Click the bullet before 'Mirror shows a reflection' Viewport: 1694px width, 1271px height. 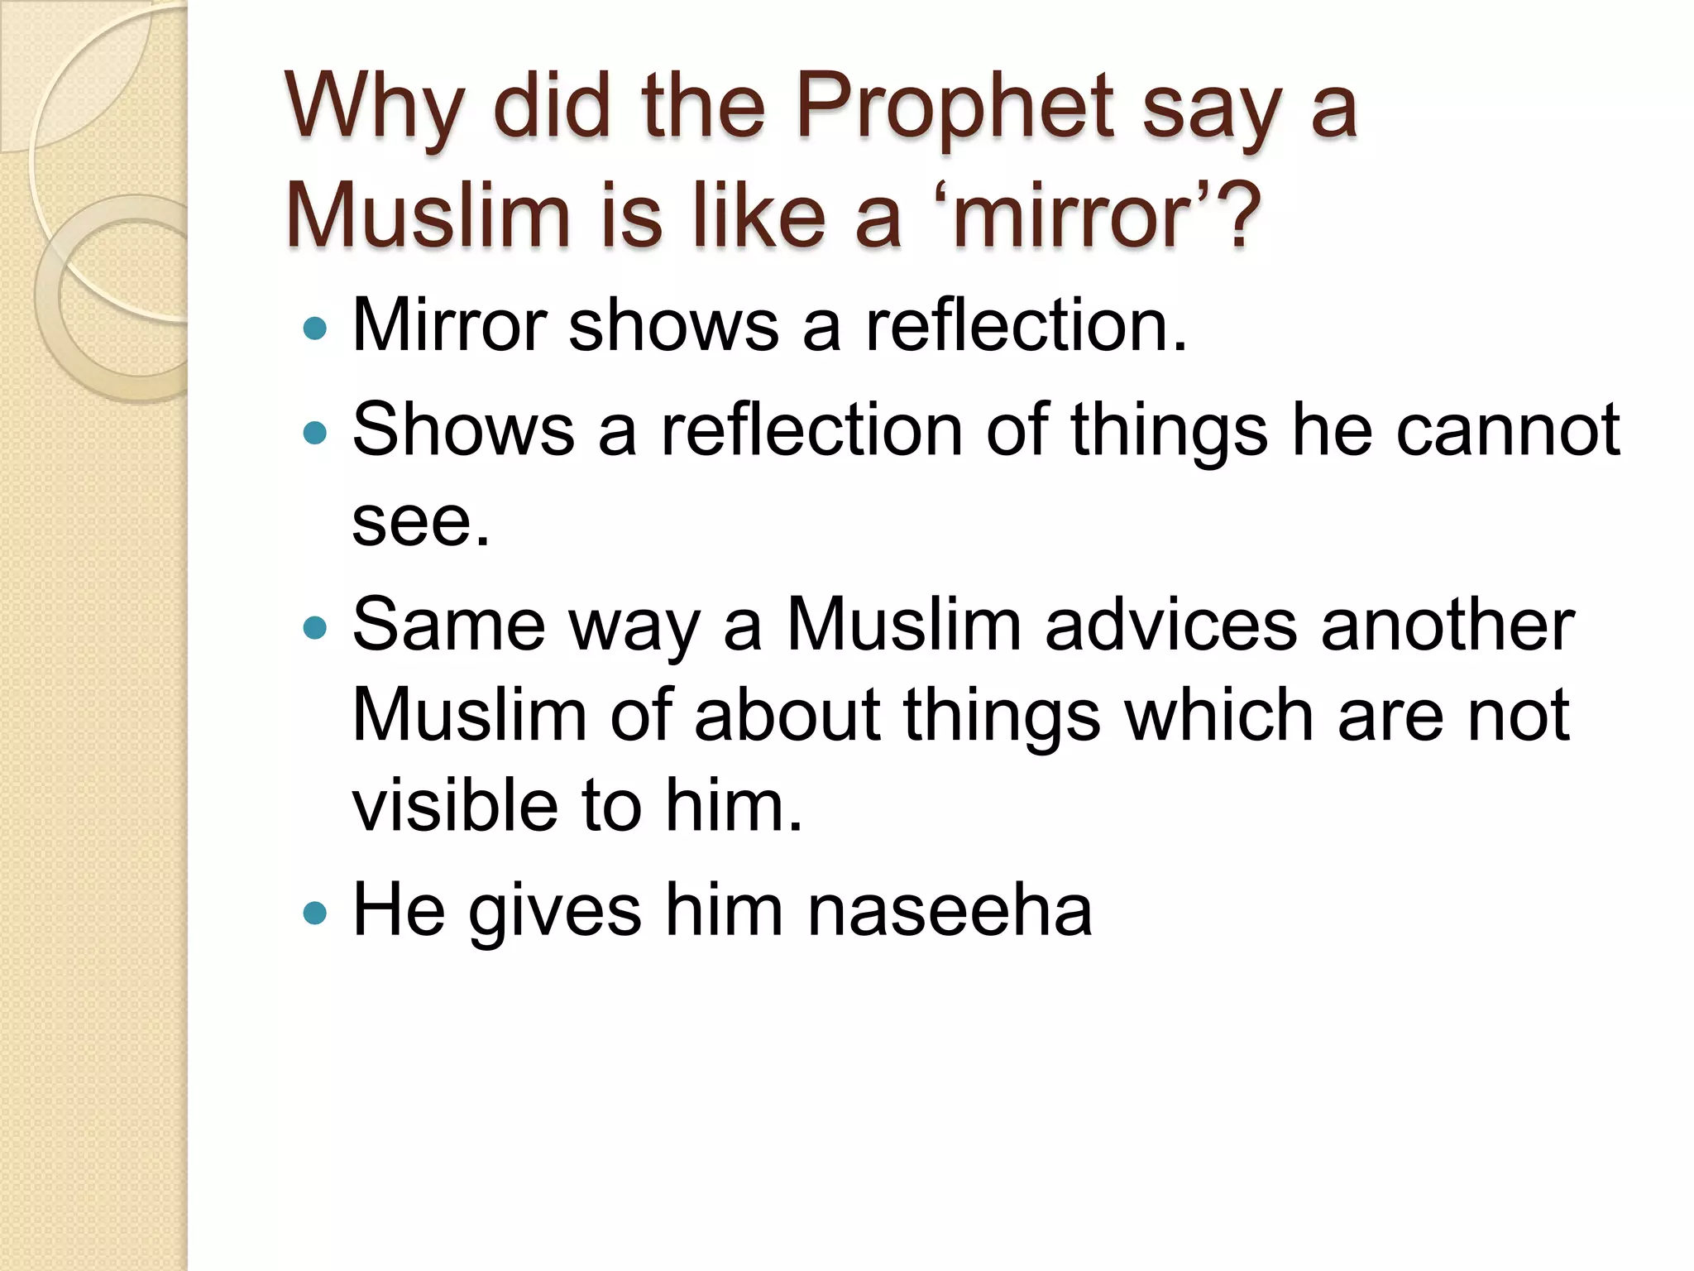tap(315, 329)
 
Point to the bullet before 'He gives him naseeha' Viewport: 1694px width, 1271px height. tap(315, 914)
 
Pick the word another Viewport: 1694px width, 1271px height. tap(1448, 625)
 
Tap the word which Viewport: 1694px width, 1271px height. tap(1219, 715)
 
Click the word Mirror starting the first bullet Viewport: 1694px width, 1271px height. tap(450, 324)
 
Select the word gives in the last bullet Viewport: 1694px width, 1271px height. tap(555, 910)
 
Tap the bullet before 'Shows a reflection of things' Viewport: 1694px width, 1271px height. tap(315, 433)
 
